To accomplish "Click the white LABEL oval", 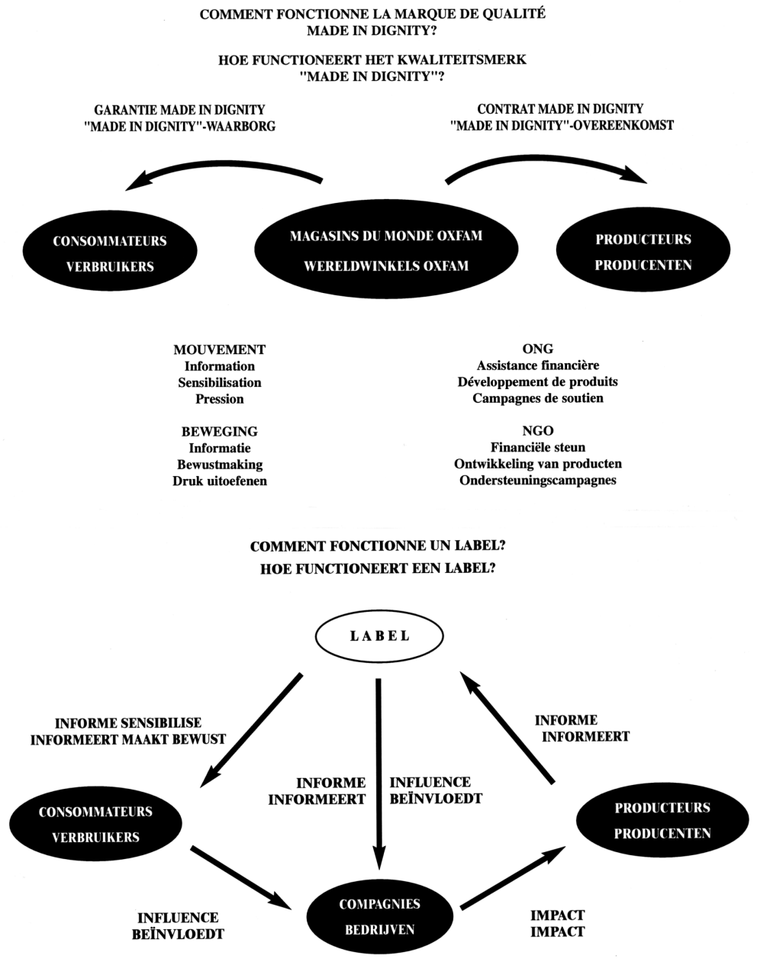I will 380,636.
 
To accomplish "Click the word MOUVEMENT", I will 220,349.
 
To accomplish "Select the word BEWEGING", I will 220,432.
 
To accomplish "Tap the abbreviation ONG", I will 538,349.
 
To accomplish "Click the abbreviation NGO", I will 538,431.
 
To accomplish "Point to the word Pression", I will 220,399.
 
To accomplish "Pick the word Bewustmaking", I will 220,465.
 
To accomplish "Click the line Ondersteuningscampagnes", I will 538,481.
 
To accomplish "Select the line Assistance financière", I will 538,365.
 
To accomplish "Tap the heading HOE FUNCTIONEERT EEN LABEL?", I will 378,569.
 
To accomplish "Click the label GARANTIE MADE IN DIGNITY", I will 180,109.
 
